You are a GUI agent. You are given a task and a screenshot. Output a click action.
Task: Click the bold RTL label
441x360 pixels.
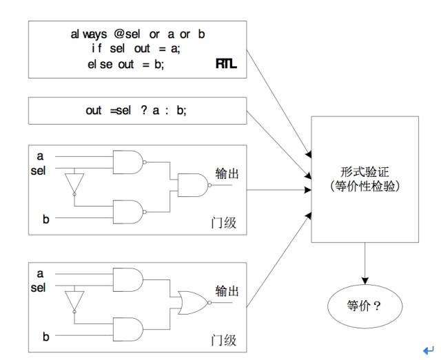226,64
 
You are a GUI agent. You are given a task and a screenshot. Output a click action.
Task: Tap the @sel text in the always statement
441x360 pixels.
127,34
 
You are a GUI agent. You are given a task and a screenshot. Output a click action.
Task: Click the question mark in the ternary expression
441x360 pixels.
144,110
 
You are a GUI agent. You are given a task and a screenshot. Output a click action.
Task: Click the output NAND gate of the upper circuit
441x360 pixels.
194,185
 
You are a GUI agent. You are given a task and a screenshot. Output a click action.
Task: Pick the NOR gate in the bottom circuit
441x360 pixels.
194,302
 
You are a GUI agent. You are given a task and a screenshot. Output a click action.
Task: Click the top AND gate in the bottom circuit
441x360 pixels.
127,279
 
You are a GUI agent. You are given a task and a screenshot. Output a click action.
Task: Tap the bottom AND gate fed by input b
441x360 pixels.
127,329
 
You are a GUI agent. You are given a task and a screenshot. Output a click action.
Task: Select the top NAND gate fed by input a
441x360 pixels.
130,162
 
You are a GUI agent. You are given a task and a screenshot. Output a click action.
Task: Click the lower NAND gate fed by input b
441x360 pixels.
130,212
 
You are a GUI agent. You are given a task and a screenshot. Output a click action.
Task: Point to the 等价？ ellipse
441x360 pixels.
365,306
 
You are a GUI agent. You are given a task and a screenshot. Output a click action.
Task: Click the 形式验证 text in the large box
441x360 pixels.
365,171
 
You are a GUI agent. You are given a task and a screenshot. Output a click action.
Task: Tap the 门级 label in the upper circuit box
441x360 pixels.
223,223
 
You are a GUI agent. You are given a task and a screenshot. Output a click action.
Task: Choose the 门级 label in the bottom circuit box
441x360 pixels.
223,340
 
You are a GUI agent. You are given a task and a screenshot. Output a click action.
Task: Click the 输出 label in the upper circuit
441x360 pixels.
227,173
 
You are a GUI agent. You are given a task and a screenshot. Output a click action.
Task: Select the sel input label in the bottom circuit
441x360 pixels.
39,288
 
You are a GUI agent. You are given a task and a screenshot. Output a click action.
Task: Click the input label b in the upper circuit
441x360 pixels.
46,219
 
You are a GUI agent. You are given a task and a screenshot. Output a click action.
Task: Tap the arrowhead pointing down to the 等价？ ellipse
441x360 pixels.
365,281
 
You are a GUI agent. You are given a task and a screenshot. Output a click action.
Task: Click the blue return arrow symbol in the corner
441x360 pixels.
429,350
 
